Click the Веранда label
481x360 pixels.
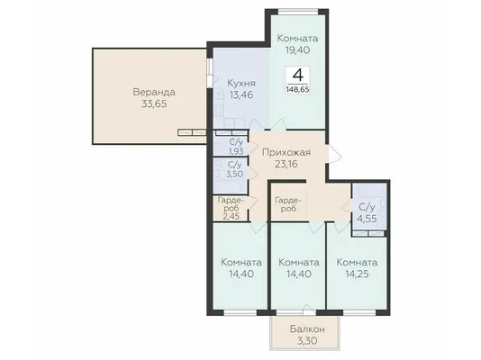(154, 92)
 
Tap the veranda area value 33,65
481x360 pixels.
(154, 103)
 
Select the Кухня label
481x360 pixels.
(241, 84)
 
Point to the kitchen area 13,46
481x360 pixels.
(241, 95)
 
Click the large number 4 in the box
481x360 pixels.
(297, 75)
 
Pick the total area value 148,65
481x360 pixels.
(297, 90)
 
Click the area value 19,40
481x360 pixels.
(297, 49)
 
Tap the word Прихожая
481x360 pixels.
(286, 152)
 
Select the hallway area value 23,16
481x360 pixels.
(286, 164)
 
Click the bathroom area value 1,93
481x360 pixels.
(236, 150)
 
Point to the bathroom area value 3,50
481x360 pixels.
(235, 174)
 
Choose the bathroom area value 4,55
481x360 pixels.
(367, 219)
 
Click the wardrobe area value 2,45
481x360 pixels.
(231, 216)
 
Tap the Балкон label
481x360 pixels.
(307, 329)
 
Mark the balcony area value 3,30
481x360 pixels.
(307, 341)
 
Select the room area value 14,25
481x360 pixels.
(357, 274)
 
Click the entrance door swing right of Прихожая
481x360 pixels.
(334, 154)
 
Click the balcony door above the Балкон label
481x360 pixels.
(308, 310)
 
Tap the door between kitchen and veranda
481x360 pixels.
(212, 73)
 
